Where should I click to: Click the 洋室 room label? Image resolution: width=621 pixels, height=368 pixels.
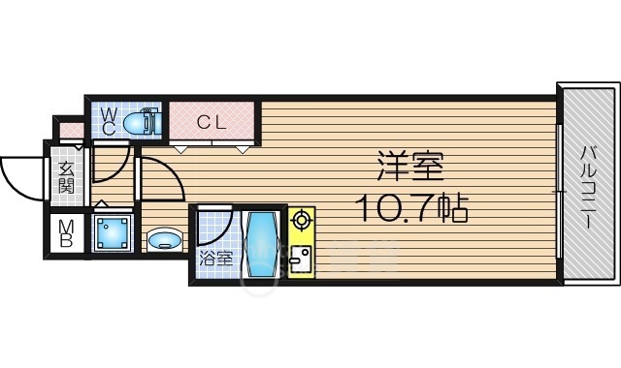point(409,166)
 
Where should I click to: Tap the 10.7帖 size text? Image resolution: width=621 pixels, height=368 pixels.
point(411,208)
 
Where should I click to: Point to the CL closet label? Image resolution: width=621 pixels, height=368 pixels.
point(212,122)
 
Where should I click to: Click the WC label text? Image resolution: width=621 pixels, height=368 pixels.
point(109,121)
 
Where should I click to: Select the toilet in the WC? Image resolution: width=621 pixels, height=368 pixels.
point(142,122)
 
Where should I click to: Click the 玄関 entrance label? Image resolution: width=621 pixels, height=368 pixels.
point(66,177)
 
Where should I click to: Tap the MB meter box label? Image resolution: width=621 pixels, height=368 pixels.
point(66,233)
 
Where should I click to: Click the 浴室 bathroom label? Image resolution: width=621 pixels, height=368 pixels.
point(215,260)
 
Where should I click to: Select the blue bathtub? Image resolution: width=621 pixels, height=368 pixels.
point(261,244)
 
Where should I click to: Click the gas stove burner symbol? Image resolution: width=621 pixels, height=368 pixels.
point(302,219)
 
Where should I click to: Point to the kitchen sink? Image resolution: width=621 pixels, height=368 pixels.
point(301,260)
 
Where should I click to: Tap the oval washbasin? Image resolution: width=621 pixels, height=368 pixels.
point(165,239)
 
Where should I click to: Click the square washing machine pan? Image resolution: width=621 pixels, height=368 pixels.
point(113,233)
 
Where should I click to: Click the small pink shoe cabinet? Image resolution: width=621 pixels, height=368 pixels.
point(72,131)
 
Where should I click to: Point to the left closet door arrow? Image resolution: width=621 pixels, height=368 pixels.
point(181,149)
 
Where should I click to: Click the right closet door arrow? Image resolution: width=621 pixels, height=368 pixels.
point(244,149)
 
